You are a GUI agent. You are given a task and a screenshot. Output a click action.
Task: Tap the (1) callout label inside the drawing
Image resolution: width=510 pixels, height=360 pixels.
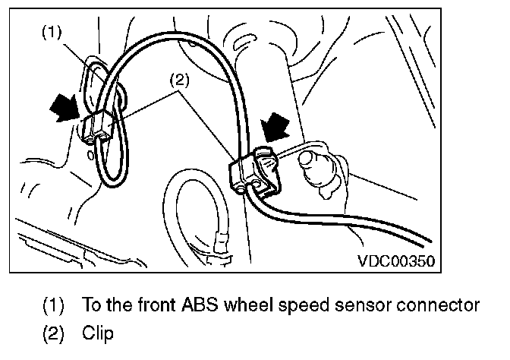point(51,31)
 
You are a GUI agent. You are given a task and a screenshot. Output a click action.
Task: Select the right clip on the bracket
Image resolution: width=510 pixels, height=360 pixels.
point(254,169)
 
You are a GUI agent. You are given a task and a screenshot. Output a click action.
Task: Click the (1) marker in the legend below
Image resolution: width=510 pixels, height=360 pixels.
point(54,305)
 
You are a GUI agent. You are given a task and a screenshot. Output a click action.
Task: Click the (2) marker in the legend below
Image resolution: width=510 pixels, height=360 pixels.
point(54,332)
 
